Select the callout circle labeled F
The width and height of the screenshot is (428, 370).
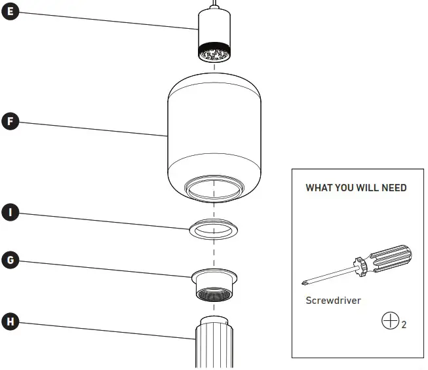(10, 121)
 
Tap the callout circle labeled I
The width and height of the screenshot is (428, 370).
(10, 212)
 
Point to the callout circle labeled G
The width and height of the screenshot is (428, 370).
(10, 260)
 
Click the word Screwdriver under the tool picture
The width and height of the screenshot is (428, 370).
(333, 301)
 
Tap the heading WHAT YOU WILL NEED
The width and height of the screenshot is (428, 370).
(356, 188)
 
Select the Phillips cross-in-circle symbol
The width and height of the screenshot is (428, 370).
(390, 321)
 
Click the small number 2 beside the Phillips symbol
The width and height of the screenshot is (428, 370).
(404, 325)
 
